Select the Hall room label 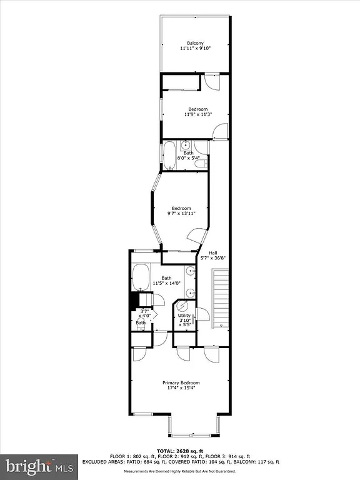pyautogui.click(x=213, y=252)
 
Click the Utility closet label pyautogui.click(x=184, y=316)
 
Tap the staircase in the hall pyautogui.click(x=221, y=298)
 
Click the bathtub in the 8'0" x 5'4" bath pyautogui.click(x=169, y=156)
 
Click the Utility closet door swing pyautogui.click(x=202, y=314)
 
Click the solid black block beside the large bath pyautogui.click(x=133, y=301)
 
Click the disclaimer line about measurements pyautogui.click(x=180, y=471)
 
